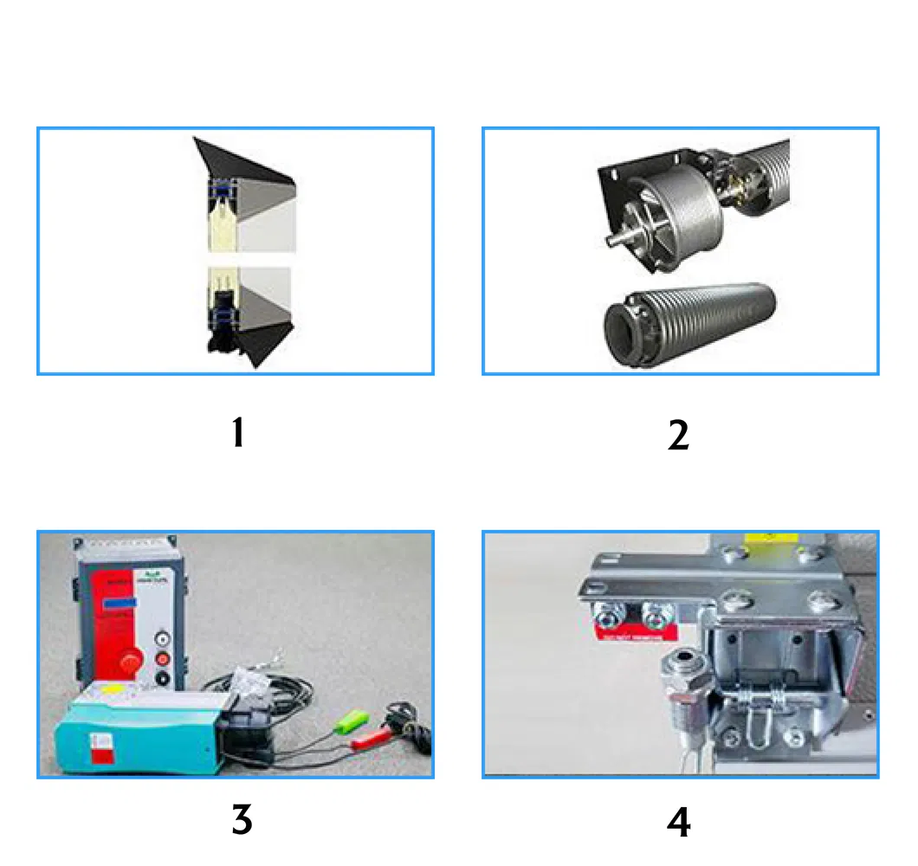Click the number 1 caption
click(x=238, y=433)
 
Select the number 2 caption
click(x=678, y=436)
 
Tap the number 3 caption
click(x=242, y=819)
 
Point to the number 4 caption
click(x=678, y=822)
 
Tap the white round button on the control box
click(x=160, y=638)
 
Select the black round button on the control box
click(x=160, y=678)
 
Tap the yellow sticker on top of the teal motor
click(x=110, y=690)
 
